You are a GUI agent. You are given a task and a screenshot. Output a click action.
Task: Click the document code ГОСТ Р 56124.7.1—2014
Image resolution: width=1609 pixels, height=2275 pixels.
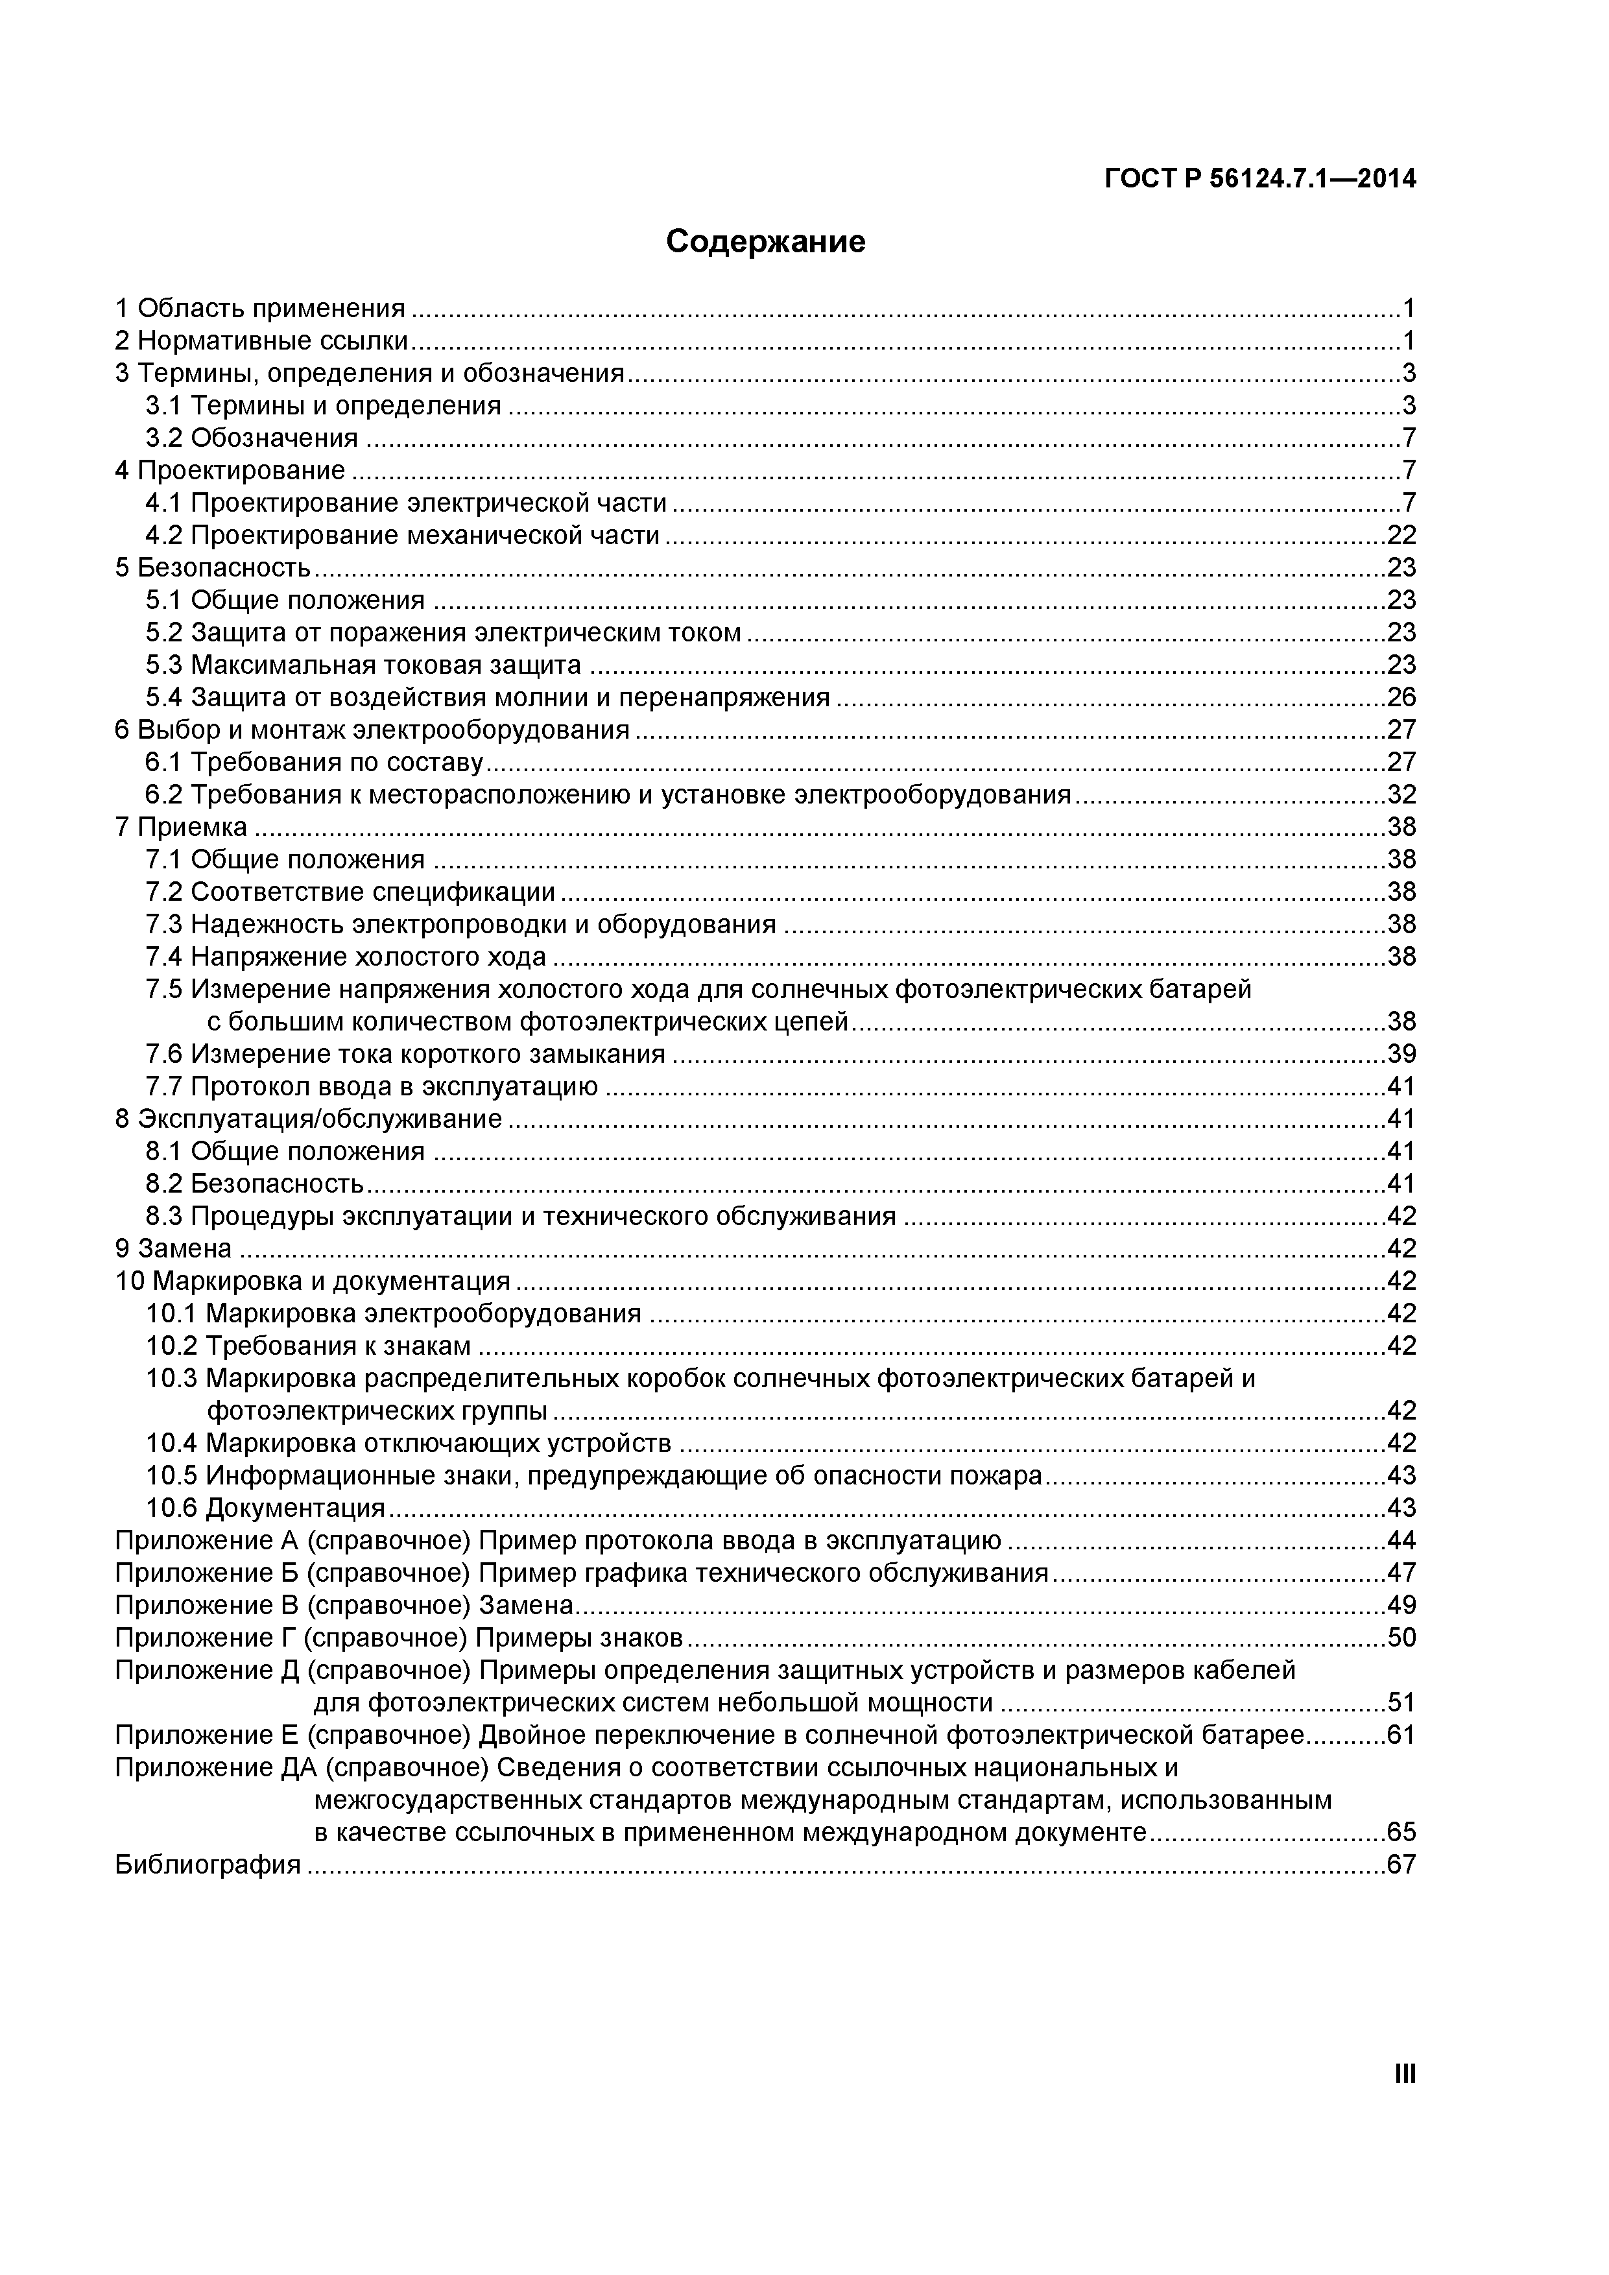[1259, 180]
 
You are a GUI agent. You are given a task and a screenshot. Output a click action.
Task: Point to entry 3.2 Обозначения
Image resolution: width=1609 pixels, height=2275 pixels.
[252, 438]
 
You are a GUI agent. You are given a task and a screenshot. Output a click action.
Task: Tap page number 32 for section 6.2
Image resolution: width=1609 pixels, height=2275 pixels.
[1401, 794]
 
